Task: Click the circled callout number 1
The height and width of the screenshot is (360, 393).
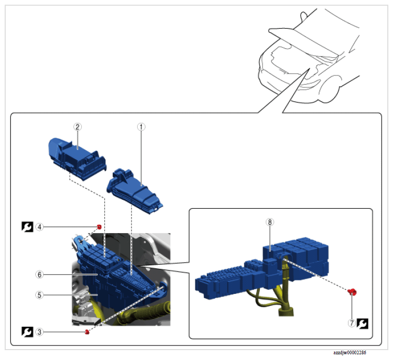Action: tap(140, 126)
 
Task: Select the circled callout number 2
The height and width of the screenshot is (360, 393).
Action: tap(77, 126)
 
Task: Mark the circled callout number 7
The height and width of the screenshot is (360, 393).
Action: tap(352, 324)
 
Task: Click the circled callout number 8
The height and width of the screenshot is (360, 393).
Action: tap(269, 222)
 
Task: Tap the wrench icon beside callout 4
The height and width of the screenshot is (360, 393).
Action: tap(25, 227)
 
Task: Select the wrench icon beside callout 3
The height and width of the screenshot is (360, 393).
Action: tap(25, 331)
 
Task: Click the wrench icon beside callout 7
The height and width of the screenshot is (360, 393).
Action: tap(364, 324)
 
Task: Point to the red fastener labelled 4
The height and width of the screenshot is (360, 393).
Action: tap(98, 226)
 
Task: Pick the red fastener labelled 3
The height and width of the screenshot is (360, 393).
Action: tap(86, 331)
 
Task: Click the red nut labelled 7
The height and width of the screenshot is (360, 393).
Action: tap(352, 292)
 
